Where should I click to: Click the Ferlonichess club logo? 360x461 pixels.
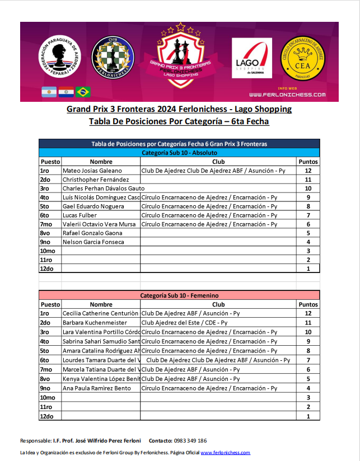click(114, 58)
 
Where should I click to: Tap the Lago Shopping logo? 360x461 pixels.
click(252, 58)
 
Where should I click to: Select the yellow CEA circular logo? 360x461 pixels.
click(303, 58)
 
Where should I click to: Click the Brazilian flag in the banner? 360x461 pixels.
click(83, 92)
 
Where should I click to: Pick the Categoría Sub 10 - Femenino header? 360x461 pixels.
click(179, 295)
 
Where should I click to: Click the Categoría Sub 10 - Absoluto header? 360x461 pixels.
click(179, 152)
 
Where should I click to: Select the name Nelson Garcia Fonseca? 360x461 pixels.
click(93, 242)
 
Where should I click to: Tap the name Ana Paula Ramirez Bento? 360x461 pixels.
click(97, 388)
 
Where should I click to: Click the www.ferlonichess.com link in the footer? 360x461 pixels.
click(225, 453)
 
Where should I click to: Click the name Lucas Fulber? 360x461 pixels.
click(80, 215)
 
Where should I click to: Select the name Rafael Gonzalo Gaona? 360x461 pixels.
click(92, 233)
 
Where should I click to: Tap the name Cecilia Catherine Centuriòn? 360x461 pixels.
click(100, 314)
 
